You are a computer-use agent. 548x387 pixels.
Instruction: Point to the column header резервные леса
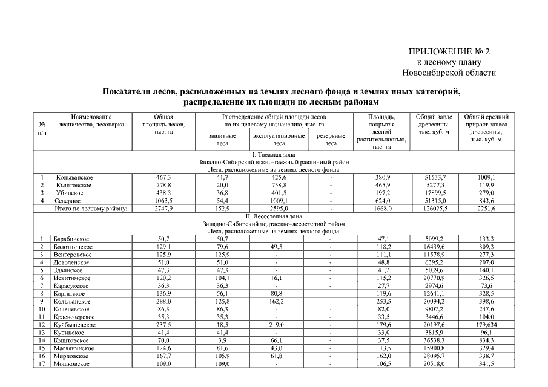point(331,140)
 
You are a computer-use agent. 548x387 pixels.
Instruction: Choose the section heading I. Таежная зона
point(273,155)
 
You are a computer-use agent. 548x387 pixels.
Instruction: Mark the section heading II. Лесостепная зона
point(273,216)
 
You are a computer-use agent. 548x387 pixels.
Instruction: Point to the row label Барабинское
point(71,239)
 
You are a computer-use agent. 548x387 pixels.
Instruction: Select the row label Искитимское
point(71,278)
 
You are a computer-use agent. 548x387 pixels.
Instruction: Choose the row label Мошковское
point(71,364)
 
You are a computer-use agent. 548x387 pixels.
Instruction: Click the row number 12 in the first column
point(42,325)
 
